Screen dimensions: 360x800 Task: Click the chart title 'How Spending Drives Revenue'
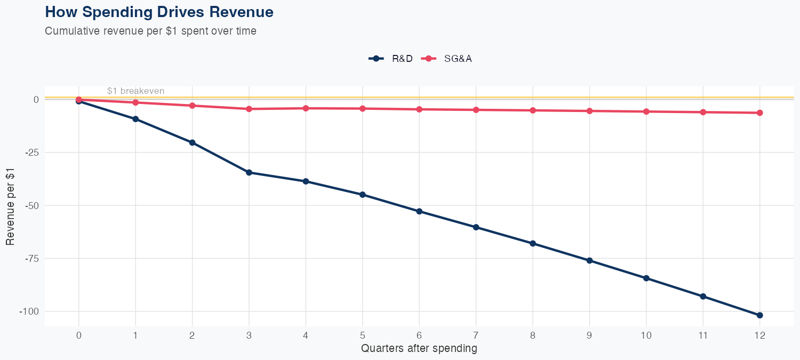pyautogui.click(x=159, y=12)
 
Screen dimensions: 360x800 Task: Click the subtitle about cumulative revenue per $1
pyautogui.click(x=150, y=31)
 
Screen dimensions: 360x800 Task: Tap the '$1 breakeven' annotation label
pyautogui.click(x=135, y=91)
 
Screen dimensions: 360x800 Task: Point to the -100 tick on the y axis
pyautogui.click(x=28, y=311)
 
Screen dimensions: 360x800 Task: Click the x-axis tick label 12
pyautogui.click(x=759, y=335)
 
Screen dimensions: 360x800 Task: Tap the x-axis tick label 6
pyautogui.click(x=419, y=335)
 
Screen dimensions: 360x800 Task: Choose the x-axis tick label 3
pyautogui.click(x=249, y=335)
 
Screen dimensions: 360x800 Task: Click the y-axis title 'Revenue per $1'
pyautogui.click(x=11, y=205)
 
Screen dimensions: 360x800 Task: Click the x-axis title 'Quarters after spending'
pyautogui.click(x=419, y=349)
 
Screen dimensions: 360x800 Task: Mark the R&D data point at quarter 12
pyautogui.click(x=759, y=315)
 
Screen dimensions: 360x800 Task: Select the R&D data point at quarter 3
pyautogui.click(x=249, y=172)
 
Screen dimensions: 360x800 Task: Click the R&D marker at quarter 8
pyautogui.click(x=533, y=243)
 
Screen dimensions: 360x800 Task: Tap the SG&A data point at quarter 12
pyautogui.click(x=759, y=113)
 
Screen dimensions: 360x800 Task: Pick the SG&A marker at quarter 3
pyautogui.click(x=249, y=109)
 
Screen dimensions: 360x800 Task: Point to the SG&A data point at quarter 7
pyautogui.click(x=476, y=110)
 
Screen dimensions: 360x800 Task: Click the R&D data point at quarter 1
pyautogui.click(x=135, y=119)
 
